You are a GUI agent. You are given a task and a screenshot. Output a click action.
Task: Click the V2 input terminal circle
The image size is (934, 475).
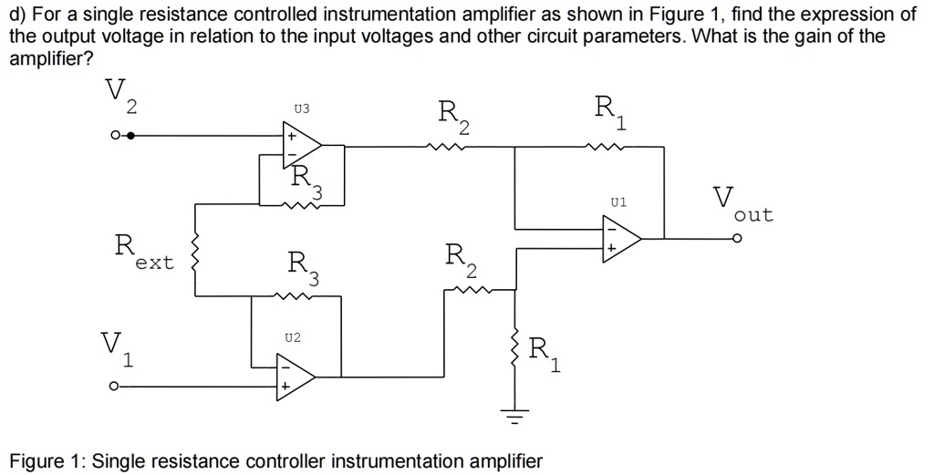click(114, 136)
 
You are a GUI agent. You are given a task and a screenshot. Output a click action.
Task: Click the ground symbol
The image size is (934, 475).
click(516, 419)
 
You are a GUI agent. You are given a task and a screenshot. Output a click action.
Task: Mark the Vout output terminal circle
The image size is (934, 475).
click(738, 239)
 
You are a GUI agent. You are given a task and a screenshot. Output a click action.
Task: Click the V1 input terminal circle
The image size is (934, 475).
click(114, 386)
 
